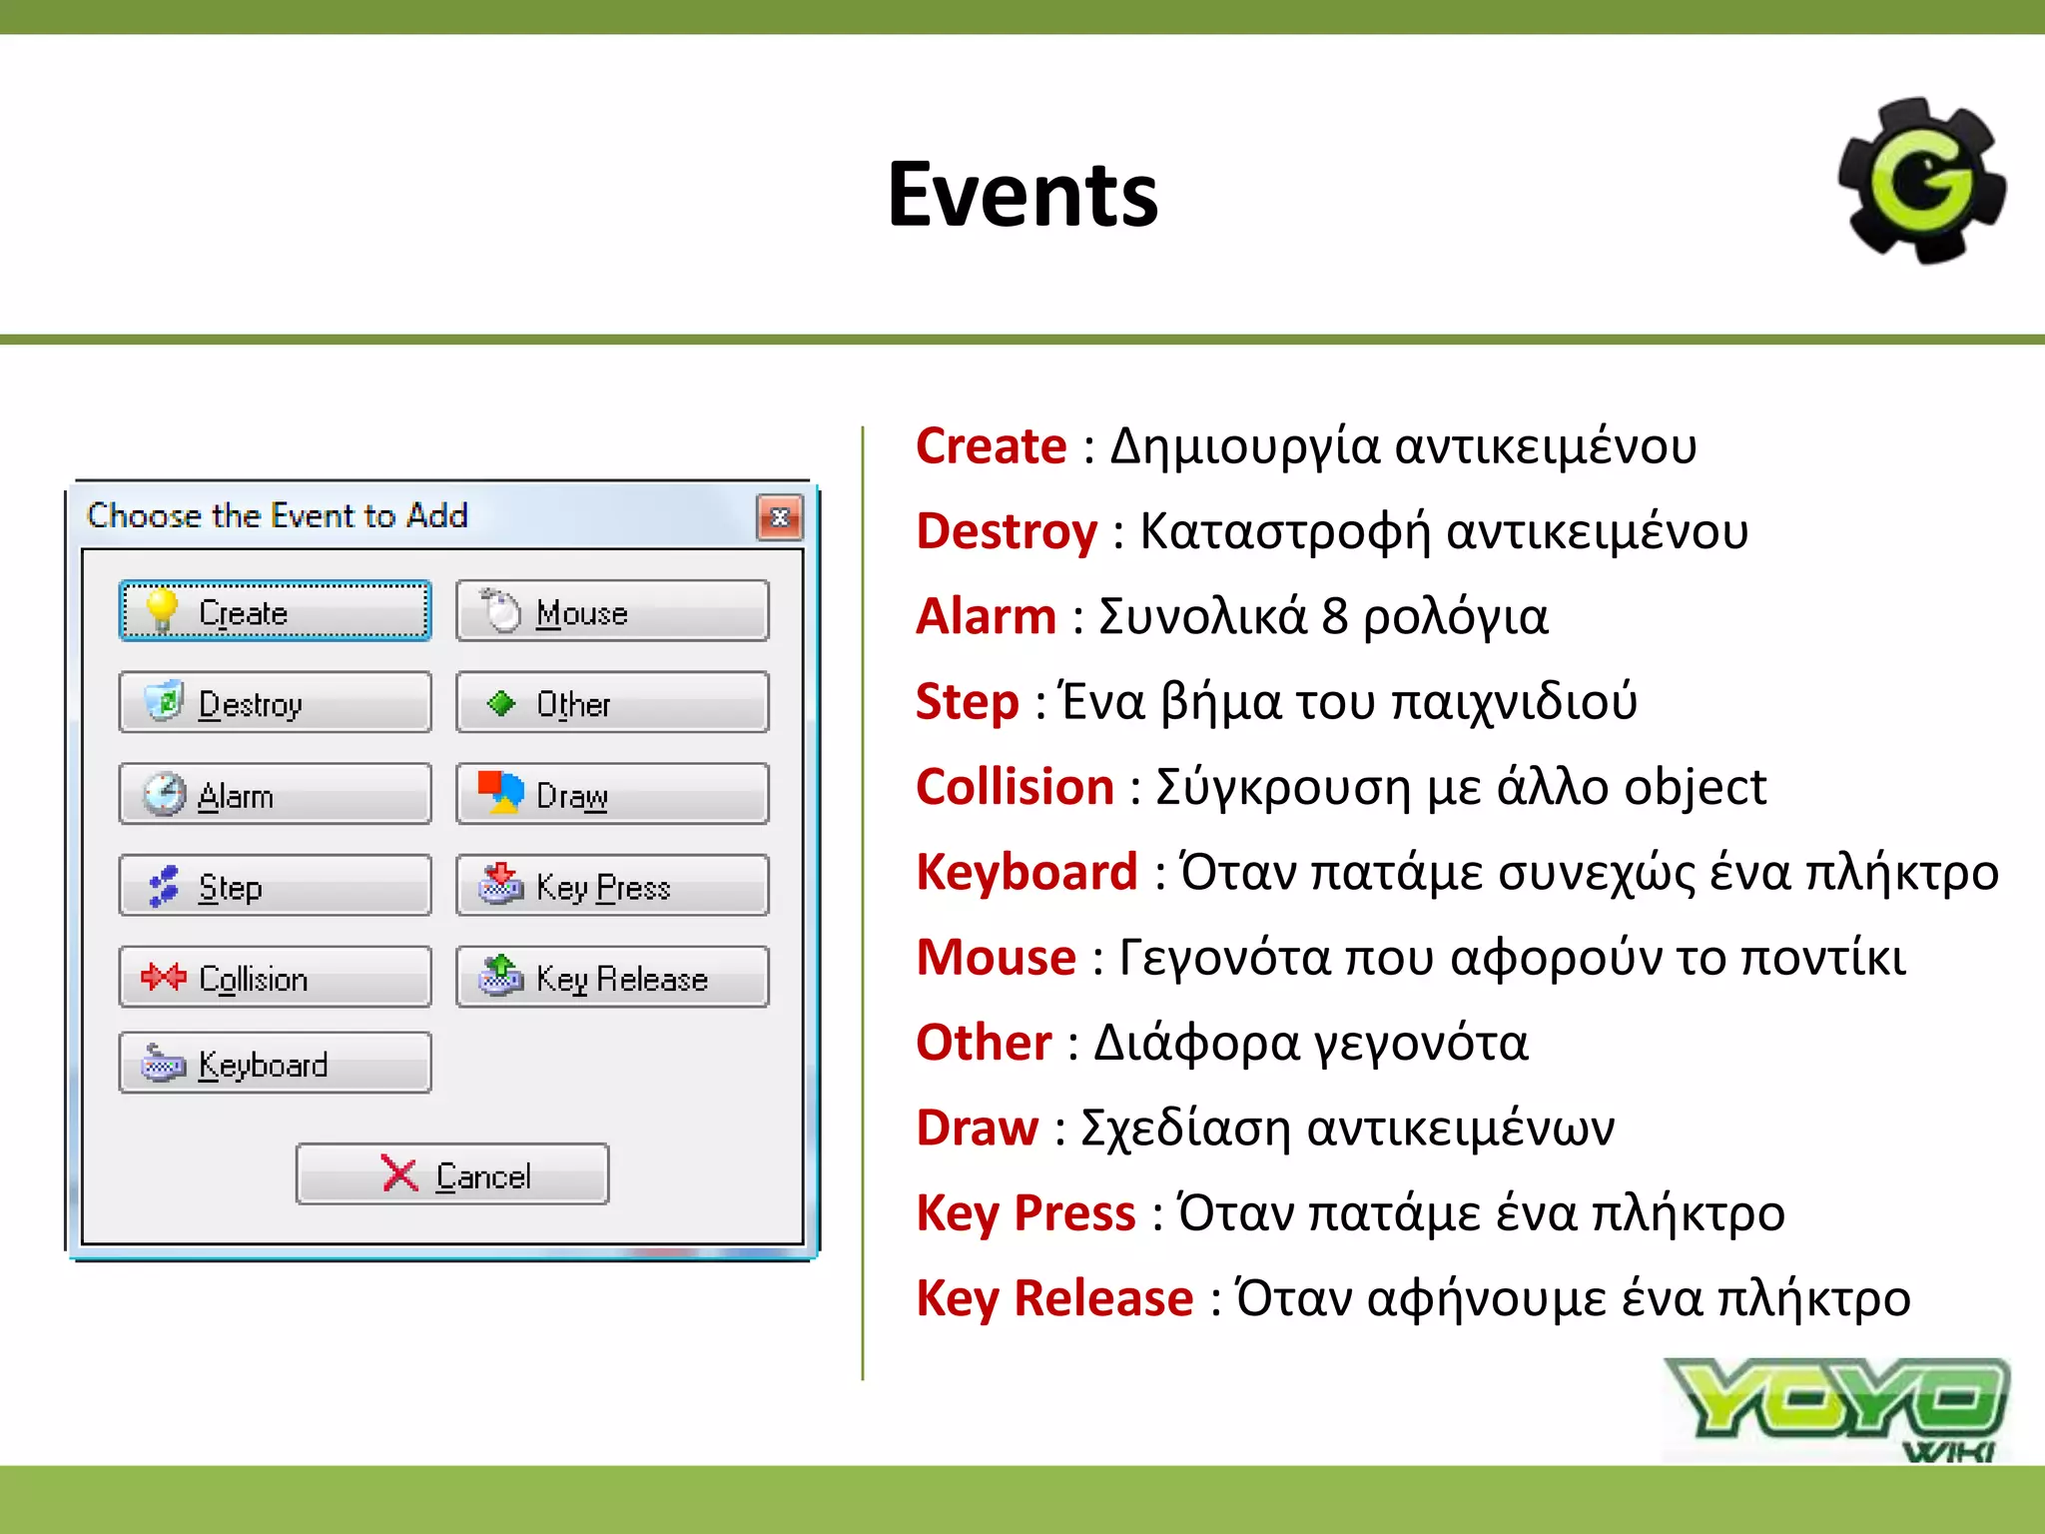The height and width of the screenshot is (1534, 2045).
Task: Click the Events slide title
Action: [1022, 195]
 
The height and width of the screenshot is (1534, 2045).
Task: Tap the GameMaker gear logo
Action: [1922, 181]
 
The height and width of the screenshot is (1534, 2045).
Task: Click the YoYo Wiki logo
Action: [1837, 1408]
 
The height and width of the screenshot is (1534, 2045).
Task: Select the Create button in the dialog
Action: [275, 611]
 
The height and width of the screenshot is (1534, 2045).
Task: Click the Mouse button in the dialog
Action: [612, 611]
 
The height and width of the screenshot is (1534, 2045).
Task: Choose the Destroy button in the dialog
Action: [275, 703]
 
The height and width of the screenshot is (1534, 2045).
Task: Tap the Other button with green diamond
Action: [612, 703]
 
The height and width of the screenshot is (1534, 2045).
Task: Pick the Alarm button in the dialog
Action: [275, 795]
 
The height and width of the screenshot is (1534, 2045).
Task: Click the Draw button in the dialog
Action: [612, 795]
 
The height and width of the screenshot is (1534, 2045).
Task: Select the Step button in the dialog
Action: [275, 886]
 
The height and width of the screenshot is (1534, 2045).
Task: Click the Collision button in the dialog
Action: [275, 978]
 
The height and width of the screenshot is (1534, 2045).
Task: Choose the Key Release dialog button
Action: [612, 978]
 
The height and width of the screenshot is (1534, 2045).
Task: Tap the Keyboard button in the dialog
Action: [275, 1064]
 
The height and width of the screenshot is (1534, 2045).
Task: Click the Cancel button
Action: [452, 1174]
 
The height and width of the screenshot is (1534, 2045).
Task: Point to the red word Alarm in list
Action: [987, 616]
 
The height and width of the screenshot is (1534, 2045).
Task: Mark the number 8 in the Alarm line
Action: [1335, 616]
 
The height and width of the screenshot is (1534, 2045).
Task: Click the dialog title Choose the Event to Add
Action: [278, 515]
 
